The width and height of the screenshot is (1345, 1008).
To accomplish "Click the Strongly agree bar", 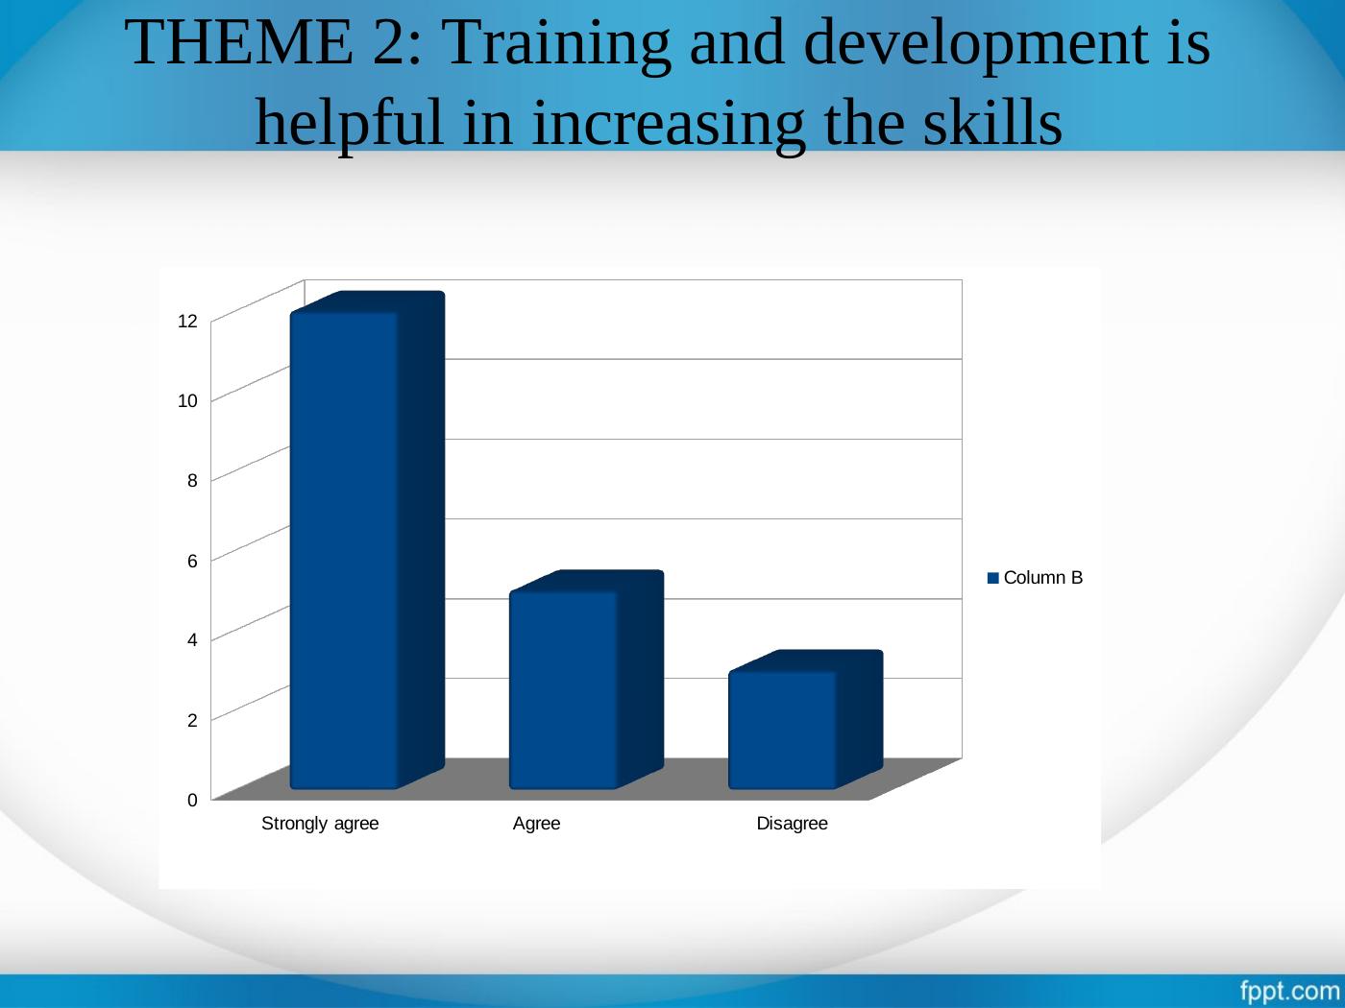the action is (x=366, y=540).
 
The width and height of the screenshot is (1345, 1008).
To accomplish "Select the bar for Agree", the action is (x=586, y=680).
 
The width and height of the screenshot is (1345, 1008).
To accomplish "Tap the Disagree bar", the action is (x=805, y=720).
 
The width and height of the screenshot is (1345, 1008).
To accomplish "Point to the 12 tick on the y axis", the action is (x=187, y=321).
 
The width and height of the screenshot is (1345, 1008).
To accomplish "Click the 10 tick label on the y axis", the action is (x=187, y=401).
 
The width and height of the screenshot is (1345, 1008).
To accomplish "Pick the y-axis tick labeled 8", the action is (x=192, y=480).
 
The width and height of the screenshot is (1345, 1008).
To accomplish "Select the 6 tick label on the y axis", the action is (x=192, y=561).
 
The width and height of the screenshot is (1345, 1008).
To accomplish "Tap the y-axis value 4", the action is (x=192, y=640).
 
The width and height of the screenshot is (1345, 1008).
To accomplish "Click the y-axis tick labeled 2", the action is (x=192, y=720).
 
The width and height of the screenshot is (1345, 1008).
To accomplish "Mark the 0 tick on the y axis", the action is (x=192, y=800).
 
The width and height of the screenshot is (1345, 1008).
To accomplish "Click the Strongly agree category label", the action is (x=320, y=824).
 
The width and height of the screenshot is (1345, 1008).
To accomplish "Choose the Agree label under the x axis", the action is (x=536, y=824).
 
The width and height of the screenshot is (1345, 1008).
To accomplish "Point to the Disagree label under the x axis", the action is (x=792, y=824).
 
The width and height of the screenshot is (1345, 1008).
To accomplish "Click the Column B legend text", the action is (x=1043, y=578).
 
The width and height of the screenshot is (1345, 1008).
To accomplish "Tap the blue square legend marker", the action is (x=993, y=578).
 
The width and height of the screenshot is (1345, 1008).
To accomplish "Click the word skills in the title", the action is (x=992, y=123).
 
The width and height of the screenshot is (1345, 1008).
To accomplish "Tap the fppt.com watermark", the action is (x=1290, y=991).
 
